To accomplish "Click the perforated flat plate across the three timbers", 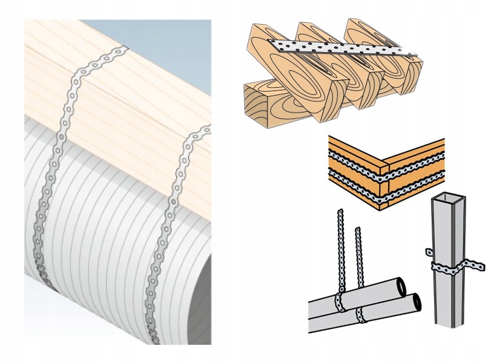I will (339, 47).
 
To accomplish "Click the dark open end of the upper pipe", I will (402, 286).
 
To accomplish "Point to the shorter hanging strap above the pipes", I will (357, 263).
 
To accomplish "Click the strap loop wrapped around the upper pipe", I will (339, 302).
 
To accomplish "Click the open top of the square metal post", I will (450, 197).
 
